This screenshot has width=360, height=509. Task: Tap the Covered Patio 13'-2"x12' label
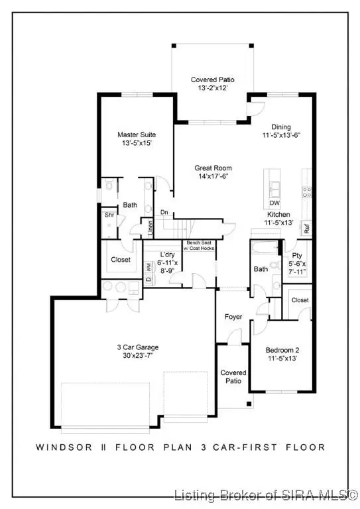(x=212, y=84)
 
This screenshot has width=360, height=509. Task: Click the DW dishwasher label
(x=274, y=203)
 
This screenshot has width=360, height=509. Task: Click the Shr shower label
(x=109, y=215)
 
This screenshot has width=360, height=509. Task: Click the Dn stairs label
(x=164, y=213)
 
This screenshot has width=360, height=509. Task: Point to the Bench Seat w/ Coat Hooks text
(x=198, y=246)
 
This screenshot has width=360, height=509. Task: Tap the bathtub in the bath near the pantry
(x=265, y=249)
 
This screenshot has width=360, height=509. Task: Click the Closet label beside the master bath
(x=121, y=260)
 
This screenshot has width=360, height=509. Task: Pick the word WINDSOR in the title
(x=58, y=447)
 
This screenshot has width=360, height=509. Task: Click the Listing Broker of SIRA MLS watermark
(x=266, y=495)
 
